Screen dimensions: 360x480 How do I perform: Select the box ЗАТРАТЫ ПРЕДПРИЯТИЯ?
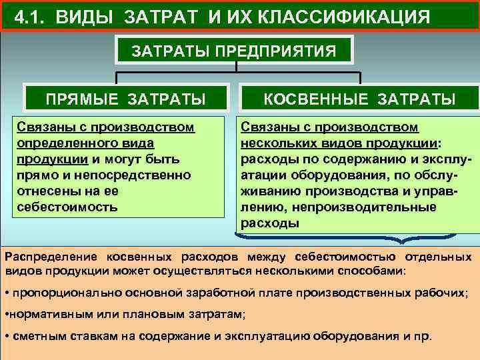(233, 51)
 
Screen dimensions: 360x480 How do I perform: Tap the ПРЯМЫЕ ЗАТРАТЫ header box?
(125, 99)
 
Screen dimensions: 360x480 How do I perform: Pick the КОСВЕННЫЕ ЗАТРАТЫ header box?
(360, 99)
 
